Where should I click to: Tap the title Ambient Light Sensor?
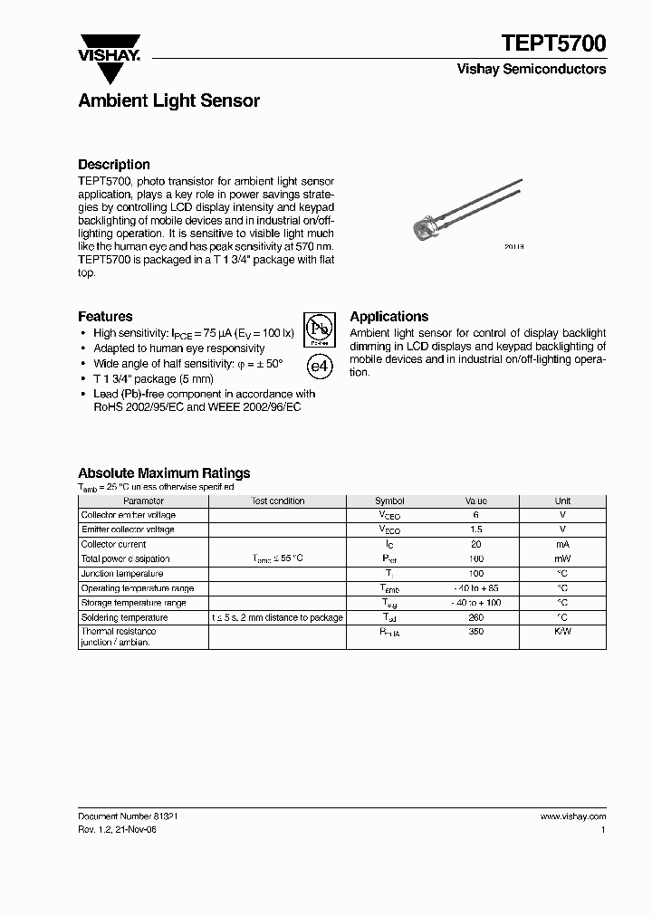168,100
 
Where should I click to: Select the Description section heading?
114,165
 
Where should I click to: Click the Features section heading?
105,317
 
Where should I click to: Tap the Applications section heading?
388,317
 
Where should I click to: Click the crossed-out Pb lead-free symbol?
317,329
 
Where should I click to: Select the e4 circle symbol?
318,366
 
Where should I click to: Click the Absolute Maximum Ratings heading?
164,473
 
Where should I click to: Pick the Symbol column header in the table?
389,501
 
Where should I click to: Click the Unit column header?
562,501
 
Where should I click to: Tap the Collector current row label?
113,545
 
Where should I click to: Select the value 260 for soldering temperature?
476,617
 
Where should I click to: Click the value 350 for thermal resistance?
476,632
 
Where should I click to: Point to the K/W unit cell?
562,632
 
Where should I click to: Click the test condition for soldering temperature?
277,617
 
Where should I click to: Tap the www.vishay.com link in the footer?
572,816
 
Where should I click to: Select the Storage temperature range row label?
134,603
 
